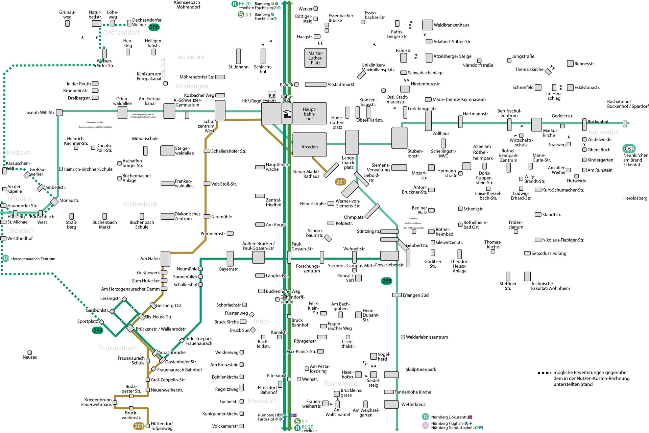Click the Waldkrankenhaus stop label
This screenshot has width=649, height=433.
click(x=451, y=25)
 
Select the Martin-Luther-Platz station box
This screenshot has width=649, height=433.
click(x=315, y=58)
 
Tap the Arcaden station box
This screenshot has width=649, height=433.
click(x=310, y=144)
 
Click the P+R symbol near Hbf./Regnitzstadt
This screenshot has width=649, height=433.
click(x=272, y=96)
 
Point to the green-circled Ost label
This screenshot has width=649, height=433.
click(x=629, y=149)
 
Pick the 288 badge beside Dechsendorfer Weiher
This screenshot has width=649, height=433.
click(x=154, y=27)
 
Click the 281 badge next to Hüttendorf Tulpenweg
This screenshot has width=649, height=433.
click(x=139, y=426)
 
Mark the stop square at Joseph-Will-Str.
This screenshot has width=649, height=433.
click(x=59, y=113)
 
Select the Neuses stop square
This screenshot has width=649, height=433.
click(x=30, y=353)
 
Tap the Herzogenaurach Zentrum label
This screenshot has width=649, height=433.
click(x=33, y=259)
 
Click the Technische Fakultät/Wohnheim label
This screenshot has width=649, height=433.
click(x=550, y=286)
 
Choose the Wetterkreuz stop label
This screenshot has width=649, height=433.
click(x=413, y=404)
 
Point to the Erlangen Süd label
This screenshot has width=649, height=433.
click(x=415, y=295)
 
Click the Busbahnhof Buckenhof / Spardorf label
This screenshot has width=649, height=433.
click(x=628, y=104)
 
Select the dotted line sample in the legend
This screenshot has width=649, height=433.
click(x=544, y=373)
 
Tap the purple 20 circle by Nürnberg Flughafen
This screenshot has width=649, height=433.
click(x=426, y=425)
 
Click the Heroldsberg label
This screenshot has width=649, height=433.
click(x=635, y=198)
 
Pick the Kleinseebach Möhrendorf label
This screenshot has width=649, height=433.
click(x=187, y=4)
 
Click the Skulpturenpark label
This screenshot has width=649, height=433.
click(x=420, y=369)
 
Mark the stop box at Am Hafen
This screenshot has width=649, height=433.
click(x=165, y=259)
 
